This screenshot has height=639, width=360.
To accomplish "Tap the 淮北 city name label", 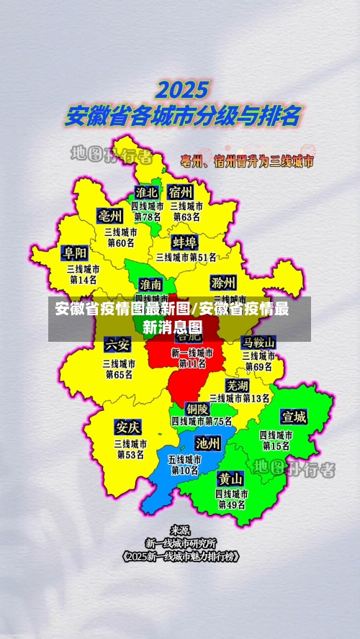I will click(148, 193).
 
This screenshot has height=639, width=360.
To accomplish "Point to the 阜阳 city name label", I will click(75, 253).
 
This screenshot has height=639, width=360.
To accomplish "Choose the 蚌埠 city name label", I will click(185, 241).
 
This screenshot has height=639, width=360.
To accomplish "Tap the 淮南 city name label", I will click(151, 284).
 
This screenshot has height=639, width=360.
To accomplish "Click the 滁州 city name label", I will click(223, 281).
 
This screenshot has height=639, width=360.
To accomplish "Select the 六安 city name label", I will click(117, 344).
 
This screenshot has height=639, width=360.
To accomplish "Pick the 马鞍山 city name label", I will click(258, 342).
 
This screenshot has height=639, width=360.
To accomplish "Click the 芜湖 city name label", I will click(238, 386).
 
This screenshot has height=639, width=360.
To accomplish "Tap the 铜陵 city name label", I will click(198, 409).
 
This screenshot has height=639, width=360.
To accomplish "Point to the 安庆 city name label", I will click(128, 428).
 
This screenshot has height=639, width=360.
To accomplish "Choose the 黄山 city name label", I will click(232, 479).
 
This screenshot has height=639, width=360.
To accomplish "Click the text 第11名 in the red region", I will click(192, 364).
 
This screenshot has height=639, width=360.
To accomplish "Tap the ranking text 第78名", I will click(148, 217).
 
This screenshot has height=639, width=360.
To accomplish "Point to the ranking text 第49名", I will click(232, 505).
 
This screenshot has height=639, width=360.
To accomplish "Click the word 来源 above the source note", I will click(180, 530).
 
